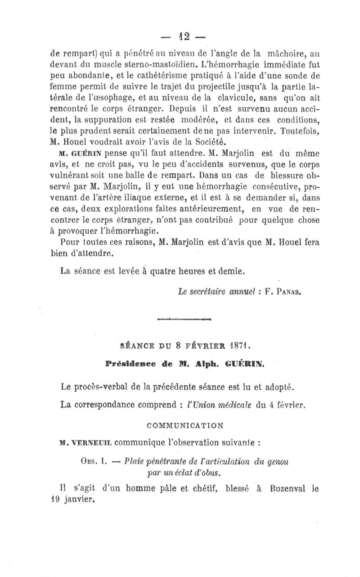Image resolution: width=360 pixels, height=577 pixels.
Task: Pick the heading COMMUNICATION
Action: [x=185, y=425]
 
